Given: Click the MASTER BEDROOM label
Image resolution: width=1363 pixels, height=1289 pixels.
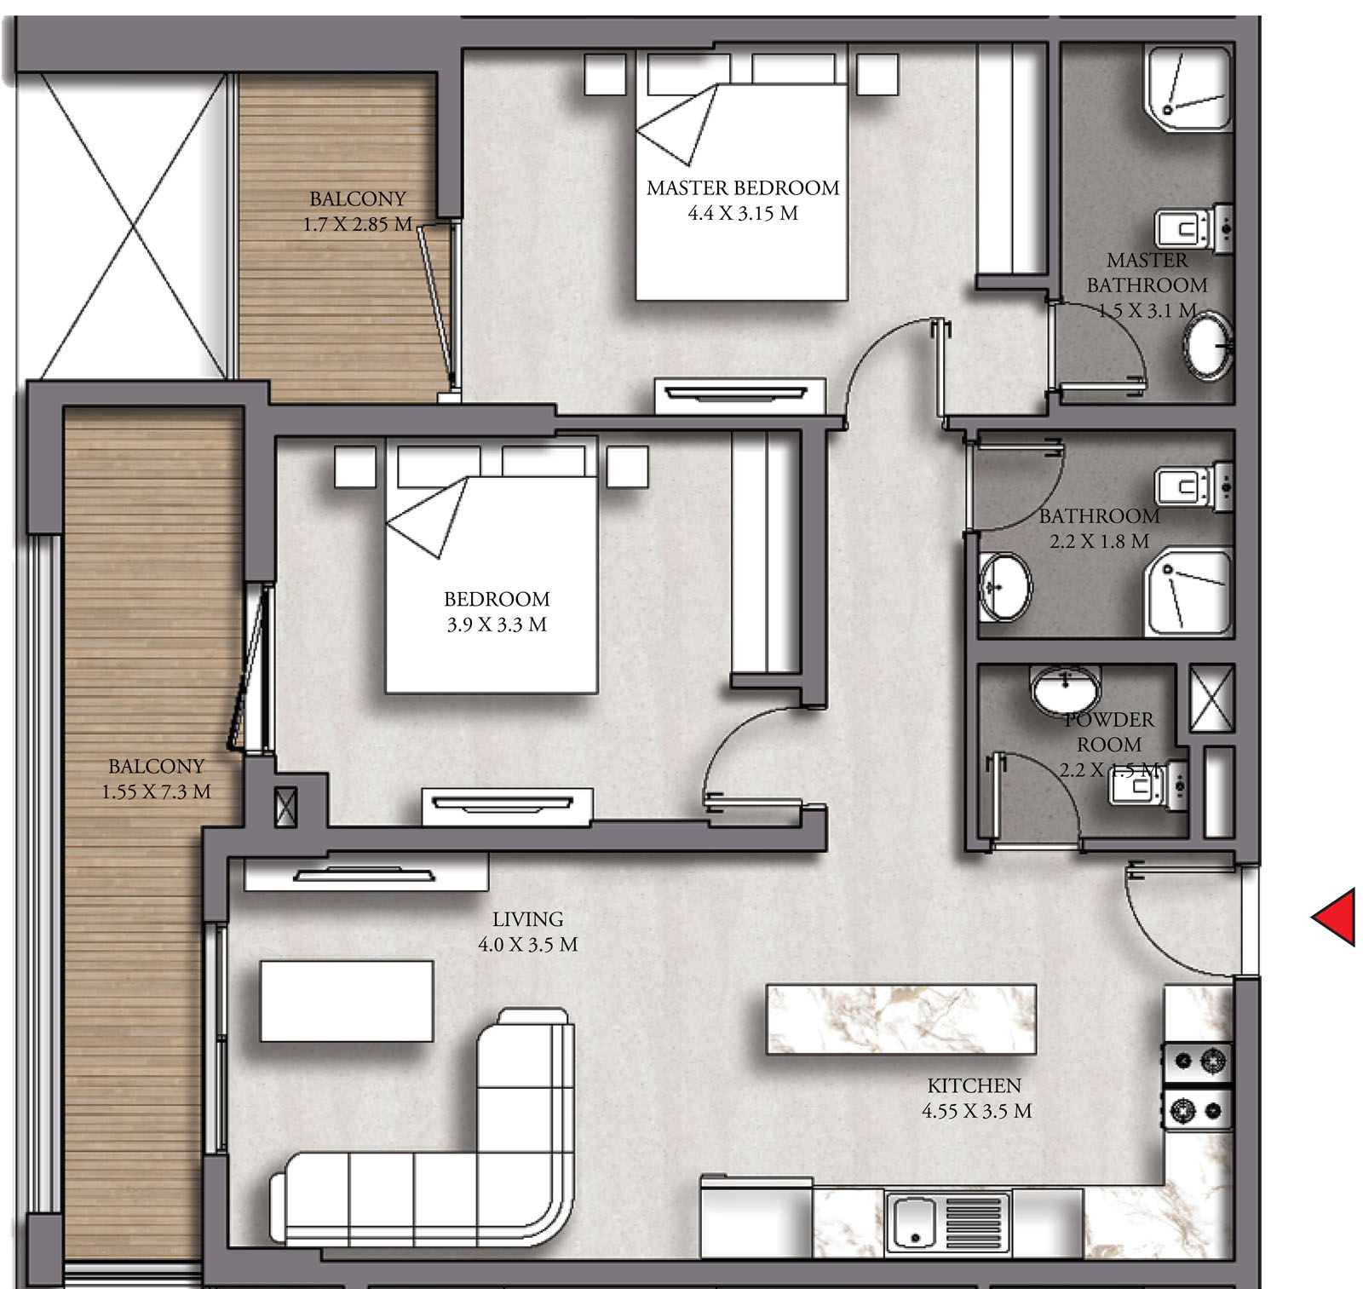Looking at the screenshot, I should pyautogui.click(x=743, y=188).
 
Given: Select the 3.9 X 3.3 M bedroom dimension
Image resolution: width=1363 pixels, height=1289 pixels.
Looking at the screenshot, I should pyautogui.click(x=497, y=625).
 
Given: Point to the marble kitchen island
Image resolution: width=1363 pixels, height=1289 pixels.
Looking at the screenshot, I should pyautogui.click(x=901, y=1020).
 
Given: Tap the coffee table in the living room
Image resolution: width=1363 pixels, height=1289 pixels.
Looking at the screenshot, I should pyautogui.click(x=347, y=1001).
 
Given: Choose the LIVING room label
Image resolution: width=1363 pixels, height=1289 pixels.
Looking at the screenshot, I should pyautogui.click(x=528, y=920).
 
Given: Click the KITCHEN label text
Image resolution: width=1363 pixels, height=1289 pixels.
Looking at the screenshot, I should pyautogui.click(x=974, y=1086).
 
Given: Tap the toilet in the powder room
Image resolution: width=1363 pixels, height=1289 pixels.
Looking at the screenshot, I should pyautogui.click(x=1148, y=785).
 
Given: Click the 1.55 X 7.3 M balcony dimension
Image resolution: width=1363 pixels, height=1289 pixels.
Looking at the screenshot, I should pyautogui.click(x=157, y=792).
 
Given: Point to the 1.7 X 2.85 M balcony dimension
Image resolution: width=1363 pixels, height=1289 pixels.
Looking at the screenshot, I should pyautogui.click(x=358, y=225).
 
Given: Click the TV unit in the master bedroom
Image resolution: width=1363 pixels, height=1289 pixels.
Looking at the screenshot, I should pyautogui.click(x=739, y=395).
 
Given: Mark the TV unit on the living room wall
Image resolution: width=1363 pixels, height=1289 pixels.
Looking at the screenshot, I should pyautogui.click(x=366, y=875).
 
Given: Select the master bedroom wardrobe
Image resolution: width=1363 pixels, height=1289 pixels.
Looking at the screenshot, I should pyautogui.click(x=1011, y=162).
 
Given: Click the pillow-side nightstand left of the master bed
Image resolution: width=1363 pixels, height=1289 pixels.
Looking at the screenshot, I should pyautogui.click(x=605, y=74).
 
